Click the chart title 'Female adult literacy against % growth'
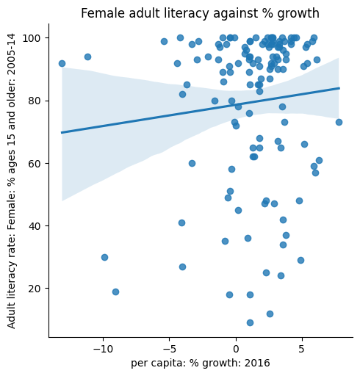tap(200, 13)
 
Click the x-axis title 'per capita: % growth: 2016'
tap(200, 363)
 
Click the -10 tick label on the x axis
tap(103, 347)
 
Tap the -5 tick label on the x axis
tap(169, 347)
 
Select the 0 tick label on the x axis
tap(236, 347)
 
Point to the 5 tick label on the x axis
tap(302, 347)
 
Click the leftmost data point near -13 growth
tap(62, 63)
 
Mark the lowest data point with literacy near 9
tap(250, 322)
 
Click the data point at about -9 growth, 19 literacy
tap(115, 292)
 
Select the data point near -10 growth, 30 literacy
tap(104, 257)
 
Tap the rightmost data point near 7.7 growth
tap(339, 122)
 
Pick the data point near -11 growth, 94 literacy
tap(87, 57)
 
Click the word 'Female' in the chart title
tap(99, 13)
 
